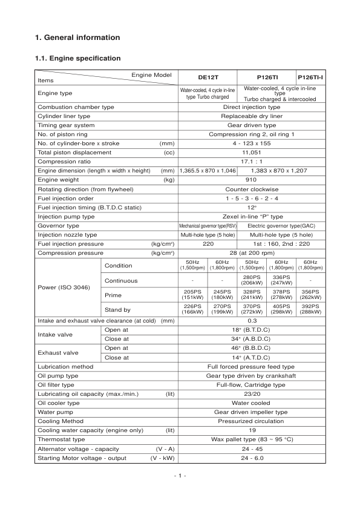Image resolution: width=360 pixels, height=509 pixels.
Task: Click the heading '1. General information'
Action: tap(78, 38)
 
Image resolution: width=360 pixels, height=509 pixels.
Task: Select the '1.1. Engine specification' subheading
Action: tap(79, 58)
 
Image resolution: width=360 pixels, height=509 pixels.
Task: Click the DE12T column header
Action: tap(208, 78)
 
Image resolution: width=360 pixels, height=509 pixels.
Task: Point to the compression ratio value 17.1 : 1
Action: tap(251, 162)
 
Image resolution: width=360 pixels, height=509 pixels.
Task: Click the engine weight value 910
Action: tap(251, 180)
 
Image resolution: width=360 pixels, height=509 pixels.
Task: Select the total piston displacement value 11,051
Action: tap(251, 153)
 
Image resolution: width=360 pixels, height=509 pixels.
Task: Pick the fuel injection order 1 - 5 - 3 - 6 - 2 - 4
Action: tap(251, 198)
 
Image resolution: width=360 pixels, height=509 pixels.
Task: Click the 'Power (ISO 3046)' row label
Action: tap(63, 287)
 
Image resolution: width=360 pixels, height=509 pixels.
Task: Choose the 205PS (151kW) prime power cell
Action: tap(192, 295)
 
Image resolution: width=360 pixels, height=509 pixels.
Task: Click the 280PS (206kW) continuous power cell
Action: tap(251, 280)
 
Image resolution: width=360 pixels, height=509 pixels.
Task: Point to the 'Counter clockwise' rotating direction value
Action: tap(251, 189)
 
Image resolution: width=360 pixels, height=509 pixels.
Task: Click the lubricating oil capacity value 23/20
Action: tap(251, 393)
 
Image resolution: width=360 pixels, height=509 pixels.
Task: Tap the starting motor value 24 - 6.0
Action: tap(251, 458)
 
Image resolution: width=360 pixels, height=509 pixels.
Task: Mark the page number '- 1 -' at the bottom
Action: tap(180, 476)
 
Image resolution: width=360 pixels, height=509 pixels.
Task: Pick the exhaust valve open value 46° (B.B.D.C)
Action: tap(251, 348)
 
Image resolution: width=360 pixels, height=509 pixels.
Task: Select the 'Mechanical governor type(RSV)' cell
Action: tap(208, 225)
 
